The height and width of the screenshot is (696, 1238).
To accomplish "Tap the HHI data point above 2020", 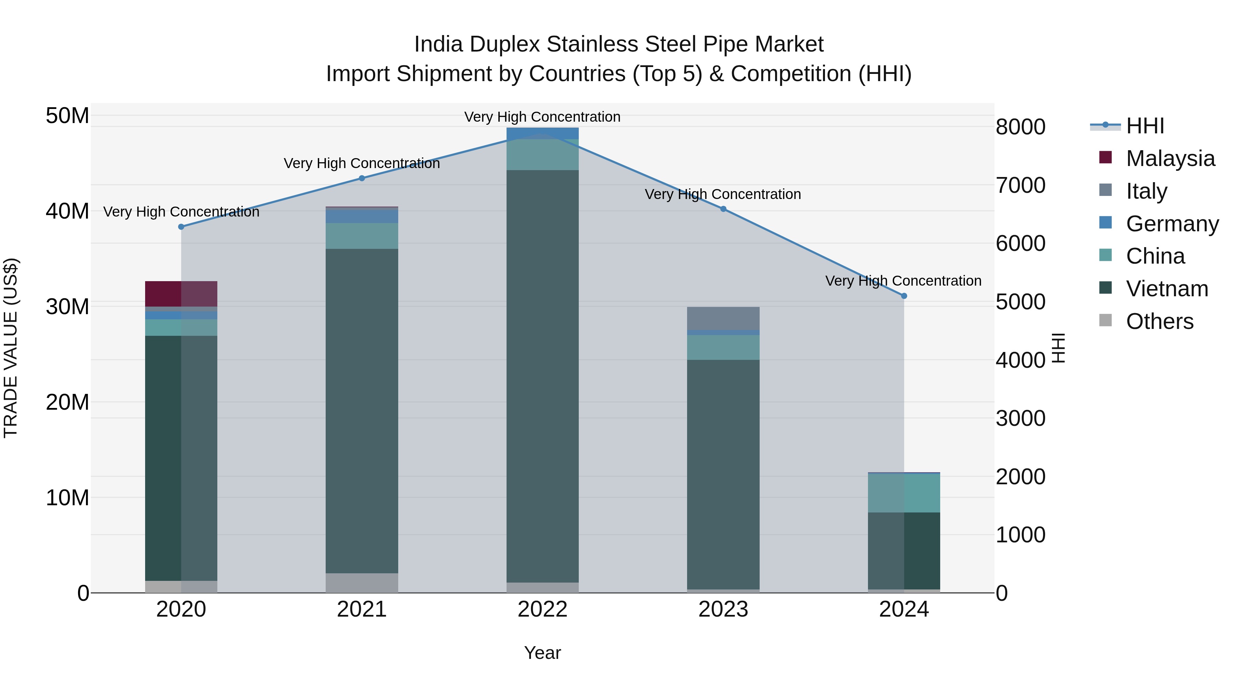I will click(x=181, y=227).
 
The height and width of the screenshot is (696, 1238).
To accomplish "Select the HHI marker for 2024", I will click(x=904, y=296).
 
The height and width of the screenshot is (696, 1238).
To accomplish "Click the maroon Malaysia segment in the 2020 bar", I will click(x=181, y=294).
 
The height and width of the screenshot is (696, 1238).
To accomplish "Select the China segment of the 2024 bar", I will click(x=904, y=493).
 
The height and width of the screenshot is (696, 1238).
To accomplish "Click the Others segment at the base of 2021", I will click(x=362, y=583).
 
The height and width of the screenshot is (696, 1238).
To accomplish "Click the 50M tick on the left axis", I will click(x=67, y=116).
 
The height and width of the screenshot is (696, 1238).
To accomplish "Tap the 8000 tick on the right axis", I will click(x=1020, y=127).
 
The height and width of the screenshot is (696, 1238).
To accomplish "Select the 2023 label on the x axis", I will click(x=723, y=609).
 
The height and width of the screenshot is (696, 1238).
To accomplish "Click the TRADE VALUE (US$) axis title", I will click(x=11, y=348).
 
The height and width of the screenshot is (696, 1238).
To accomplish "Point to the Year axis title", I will click(x=543, y=653).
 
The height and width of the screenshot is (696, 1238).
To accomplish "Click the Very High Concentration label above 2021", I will click(x=362, y=163).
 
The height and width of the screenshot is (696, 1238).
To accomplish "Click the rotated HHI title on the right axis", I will click(x=1059, y=348).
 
